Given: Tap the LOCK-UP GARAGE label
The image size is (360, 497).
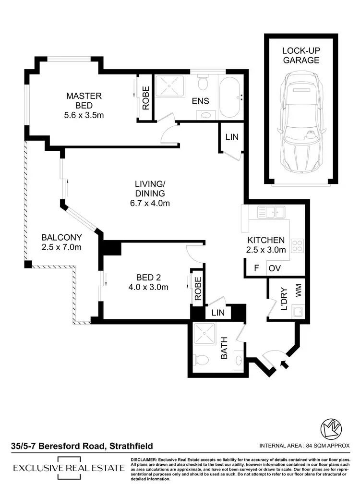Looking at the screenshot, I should pyautogui.click(x=300, y=55).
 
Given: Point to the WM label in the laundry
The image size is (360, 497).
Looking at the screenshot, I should pyautogui.click(x=298, y=291).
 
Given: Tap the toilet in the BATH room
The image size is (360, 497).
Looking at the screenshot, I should pyautogui.click(x=203, y=359).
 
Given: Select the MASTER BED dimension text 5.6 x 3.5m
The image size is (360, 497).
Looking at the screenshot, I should pyautogui.click(x=84, y=115).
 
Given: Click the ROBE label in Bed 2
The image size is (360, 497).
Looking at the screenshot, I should pyautogui.click(x=197, y=287).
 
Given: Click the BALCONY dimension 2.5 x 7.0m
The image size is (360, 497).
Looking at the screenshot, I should pyautogui.click(x=61, y=247).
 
